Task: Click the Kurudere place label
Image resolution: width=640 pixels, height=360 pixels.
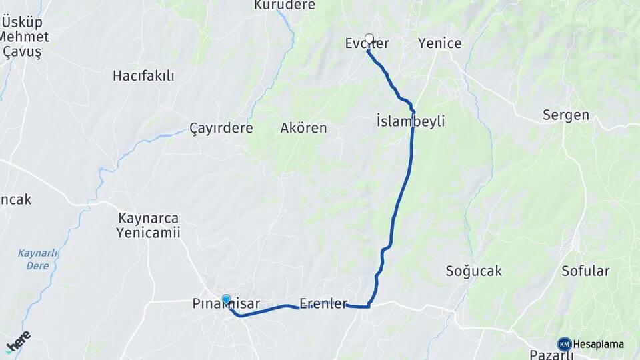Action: [285, 6]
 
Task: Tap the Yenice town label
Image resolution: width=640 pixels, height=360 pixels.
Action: [439, 43]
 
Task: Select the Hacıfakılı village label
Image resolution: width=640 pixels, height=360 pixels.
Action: [143, 76]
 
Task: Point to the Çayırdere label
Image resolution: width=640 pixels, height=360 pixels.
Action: [221, 127]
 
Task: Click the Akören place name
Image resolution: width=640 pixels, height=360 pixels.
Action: [304, 127]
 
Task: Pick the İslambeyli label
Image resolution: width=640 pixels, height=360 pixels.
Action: [411, 121]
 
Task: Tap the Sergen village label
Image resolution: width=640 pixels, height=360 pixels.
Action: [566, 115]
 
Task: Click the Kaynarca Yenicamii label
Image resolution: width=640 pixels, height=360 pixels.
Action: [148, 225]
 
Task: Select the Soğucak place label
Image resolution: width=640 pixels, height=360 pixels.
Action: [473, 271]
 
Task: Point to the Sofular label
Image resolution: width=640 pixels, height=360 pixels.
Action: [585, 271]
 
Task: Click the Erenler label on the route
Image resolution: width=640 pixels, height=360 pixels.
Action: [323, 304]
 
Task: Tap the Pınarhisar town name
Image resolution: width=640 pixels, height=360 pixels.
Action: [226, 305]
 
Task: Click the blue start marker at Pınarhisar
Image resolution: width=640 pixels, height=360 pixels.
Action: [227, 300]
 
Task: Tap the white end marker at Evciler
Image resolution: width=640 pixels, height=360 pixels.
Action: [369, 39]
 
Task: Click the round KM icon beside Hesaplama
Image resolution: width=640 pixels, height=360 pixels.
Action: [565, 344]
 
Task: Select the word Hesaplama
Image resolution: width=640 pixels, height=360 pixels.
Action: [599, 344]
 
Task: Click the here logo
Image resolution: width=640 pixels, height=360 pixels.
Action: [18, 341]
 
